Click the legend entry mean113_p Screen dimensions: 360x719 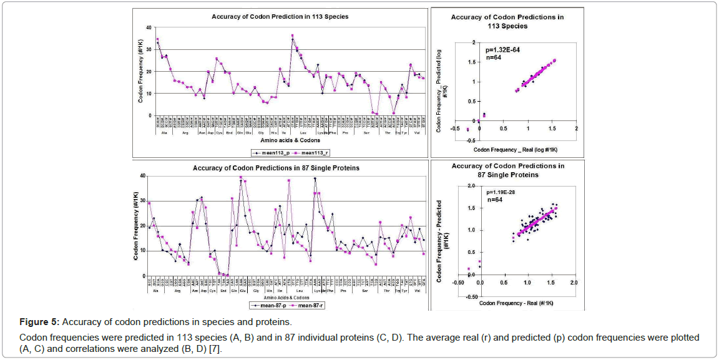pos(267,152)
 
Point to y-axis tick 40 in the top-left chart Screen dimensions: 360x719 pos(148,27)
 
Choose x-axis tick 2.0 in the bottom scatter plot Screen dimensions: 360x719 pos(574,283)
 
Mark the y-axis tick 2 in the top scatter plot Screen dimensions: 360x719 pos(474,42)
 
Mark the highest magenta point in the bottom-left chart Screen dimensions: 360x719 pos(241,177)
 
